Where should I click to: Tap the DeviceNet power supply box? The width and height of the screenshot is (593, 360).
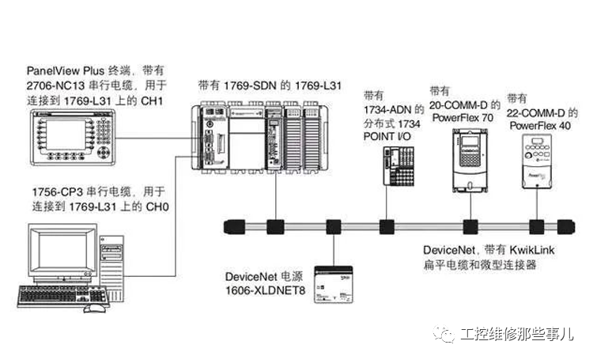332,282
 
